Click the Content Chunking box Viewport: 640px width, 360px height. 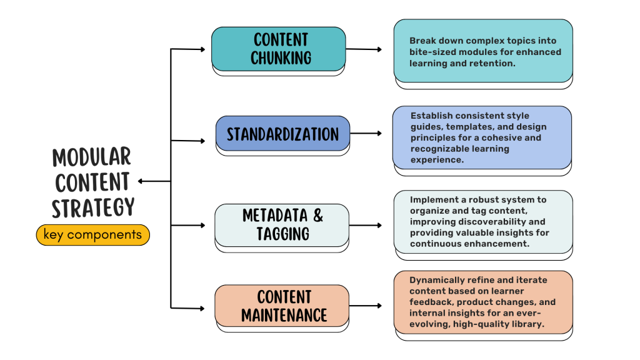click(x=278, y=49)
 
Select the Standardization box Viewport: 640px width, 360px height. click(x=282, y=133)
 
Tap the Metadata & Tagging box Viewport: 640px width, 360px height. click(x=282, y=224)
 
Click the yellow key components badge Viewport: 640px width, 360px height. click(x=92, y=235)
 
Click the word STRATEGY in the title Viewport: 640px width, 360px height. click(x=92, y=207)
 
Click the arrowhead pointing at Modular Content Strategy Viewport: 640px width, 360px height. click(x=141, y=181)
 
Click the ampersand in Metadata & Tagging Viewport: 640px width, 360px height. click(x=317, y=216)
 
